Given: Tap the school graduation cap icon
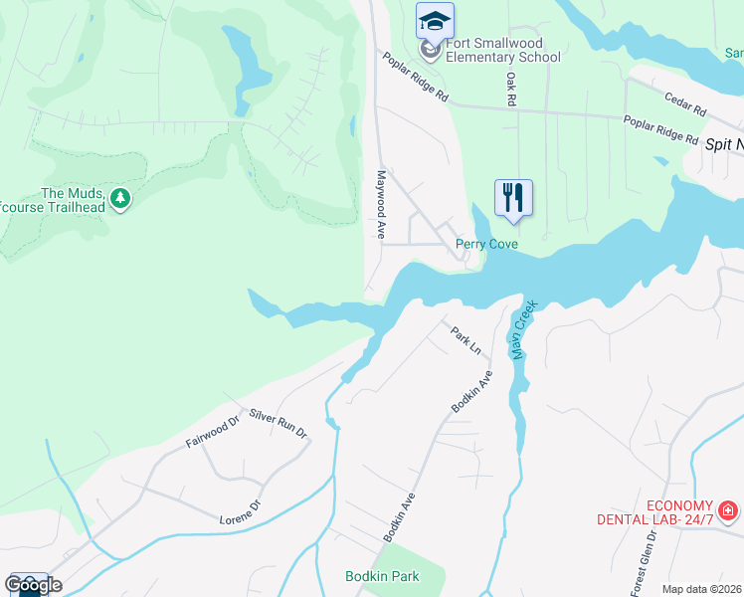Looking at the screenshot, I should point(435,20).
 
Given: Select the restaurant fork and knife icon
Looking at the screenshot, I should point(513,197).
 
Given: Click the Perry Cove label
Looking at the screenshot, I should point(488,244).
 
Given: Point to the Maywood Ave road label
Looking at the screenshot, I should point(380,203).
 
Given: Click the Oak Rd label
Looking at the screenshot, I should point(510,89).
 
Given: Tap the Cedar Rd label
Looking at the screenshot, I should point(684,100).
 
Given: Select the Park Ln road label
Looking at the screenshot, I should point(465,340).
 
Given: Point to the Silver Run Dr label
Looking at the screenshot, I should point(279,422).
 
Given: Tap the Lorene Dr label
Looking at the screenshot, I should point(239,512).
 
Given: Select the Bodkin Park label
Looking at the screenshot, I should point(382,576).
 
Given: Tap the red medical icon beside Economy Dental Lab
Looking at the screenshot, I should point(728,511).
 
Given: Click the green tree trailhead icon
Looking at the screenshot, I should point(120,199).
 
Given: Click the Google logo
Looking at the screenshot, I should point(32,584).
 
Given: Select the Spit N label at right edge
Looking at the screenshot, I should point(723,144).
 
